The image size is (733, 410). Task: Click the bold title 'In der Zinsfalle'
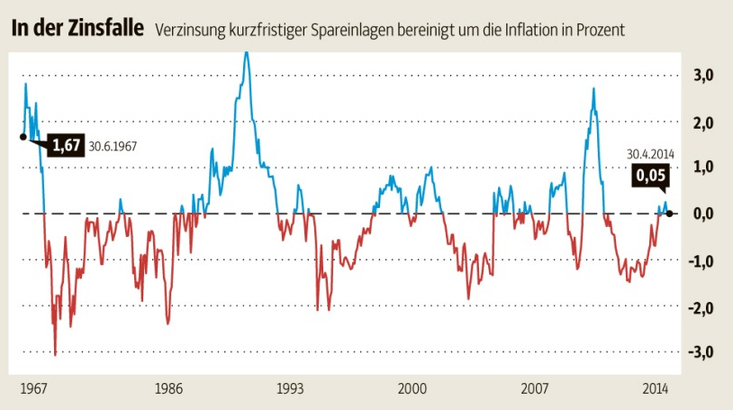click(x=77, y=28)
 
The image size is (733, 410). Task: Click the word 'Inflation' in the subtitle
click(x=516, y=30)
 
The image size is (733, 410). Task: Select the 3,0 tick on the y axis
click(x=702, y=76)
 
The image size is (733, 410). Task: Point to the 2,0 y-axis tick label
click(x=702, y=123)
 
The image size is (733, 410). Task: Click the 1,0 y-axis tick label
click(x=702, y=168)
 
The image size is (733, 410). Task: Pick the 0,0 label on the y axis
click(x=702, y=214)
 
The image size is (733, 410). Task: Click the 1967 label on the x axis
click(x=34, y=388)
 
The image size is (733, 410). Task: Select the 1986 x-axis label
click(x=168, y=388)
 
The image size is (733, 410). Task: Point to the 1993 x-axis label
click(x=290, y=388)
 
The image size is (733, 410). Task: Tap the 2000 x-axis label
click(x=412, y=388)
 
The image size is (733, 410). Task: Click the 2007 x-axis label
click(x=535, y=388)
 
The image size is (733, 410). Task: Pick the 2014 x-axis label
click(x=655, y=388)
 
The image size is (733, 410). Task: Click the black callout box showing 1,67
click(x=67, y=145)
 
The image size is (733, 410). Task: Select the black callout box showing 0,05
click(x=647, y=176)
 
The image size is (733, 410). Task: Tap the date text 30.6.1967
click(x=118, y=146)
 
